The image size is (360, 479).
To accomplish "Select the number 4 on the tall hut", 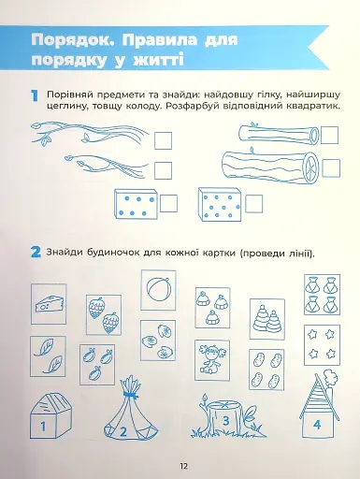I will pos(316,424).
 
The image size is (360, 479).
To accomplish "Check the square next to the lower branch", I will pos(163,169).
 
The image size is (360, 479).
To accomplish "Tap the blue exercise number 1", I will pos(34,96).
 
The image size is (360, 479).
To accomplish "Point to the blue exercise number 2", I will pos(34,253).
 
